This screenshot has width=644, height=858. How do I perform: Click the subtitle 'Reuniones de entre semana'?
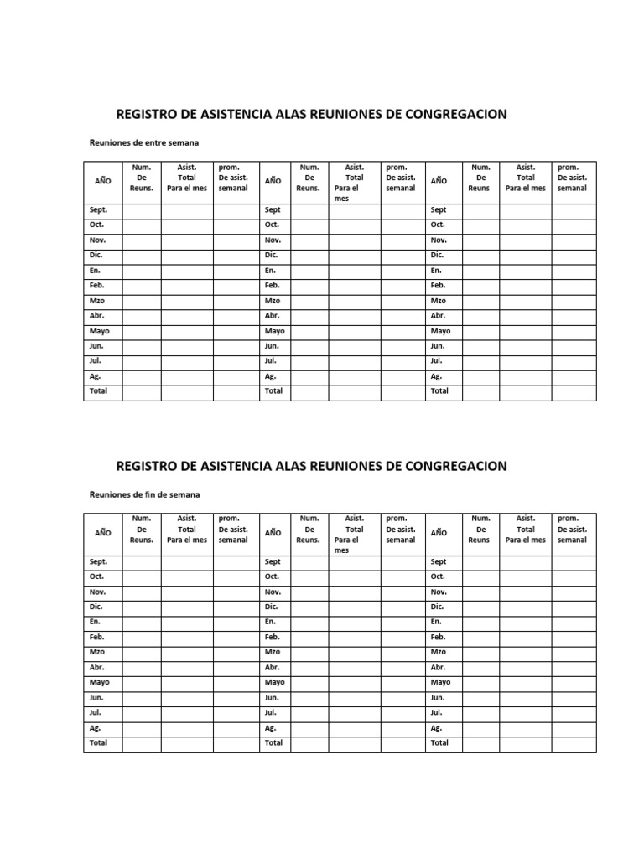(144, 142)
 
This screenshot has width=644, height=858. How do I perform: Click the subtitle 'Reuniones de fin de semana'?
(145, 494)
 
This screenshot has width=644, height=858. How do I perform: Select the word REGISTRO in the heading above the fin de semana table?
(148, 466)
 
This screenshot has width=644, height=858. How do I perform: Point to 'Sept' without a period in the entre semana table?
(273, 210)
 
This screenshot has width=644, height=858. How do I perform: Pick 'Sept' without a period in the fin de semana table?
(273, 562)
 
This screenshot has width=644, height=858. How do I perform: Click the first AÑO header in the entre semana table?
(102, 181)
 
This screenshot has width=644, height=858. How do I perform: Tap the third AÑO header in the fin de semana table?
(439, 533)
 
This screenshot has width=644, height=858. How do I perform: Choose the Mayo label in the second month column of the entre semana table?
(275, 331)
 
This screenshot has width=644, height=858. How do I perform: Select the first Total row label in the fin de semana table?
(99, 743)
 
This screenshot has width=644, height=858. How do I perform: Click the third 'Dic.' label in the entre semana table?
(437, 256)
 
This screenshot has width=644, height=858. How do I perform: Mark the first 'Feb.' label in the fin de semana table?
(97, 638)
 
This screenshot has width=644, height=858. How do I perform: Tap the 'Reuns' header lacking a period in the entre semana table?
(479, 189)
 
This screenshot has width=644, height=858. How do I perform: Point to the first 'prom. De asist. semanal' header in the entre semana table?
(233, 178)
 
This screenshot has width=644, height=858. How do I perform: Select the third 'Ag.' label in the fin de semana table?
(436, 728)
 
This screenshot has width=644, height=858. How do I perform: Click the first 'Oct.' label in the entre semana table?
(98, 225)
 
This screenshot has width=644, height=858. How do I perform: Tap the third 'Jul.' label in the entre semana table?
(436, 361)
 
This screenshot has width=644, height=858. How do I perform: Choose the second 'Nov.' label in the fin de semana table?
(273, 592)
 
